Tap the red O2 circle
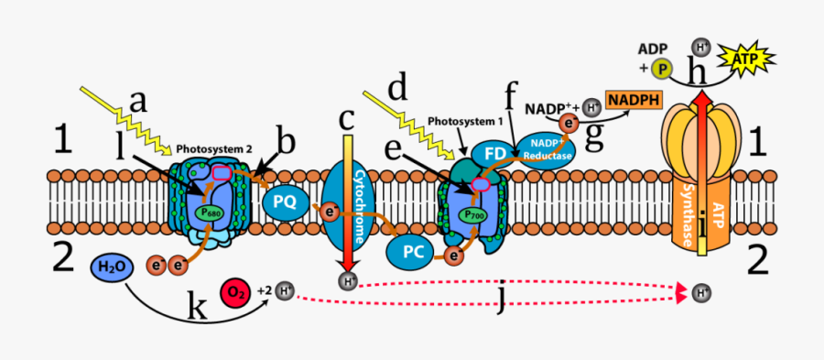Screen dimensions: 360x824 (235, 292)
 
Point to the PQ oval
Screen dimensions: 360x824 (285, 202)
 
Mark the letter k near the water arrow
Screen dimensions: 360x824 (197, 310)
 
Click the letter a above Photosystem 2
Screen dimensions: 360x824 (138, 100)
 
